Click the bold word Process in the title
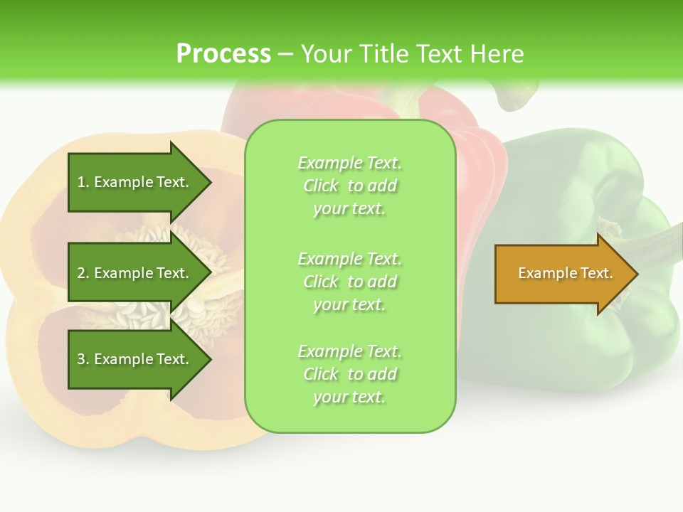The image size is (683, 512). click(x=223, y=54)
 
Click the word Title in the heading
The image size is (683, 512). click(x=386, y=54)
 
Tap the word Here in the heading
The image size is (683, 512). click(x=497, y=54)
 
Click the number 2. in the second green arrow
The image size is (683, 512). click(x=83, y=273)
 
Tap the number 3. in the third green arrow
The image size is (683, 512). click(x=83, y=359)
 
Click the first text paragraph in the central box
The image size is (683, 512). click(x=349, y=186)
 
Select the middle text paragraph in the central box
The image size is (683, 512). click(x=349, y=282)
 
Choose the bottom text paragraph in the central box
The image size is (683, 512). click(x=349, y=374)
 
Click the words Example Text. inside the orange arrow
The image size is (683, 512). click(x=565, y=273)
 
